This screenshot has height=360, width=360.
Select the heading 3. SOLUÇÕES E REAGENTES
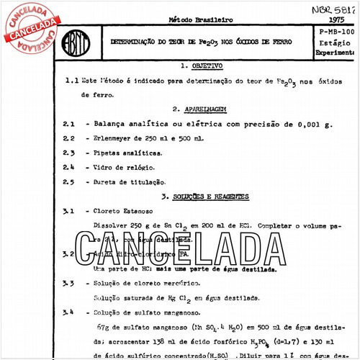coord(204,196)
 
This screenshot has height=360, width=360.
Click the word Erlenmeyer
coord(118,138)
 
